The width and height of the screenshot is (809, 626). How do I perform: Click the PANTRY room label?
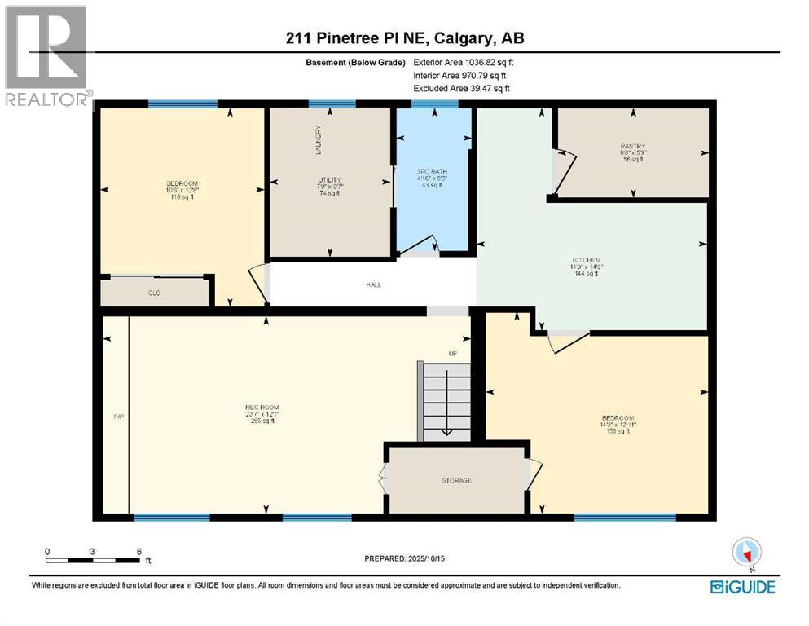pyautogui.click(x=632, y=147)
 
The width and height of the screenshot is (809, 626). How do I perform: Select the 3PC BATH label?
pyautogui.click(x=432, y=172)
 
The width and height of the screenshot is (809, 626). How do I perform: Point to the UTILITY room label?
pyautogui.click(x=329, y=179)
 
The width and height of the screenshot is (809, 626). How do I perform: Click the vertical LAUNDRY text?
pyautogui.click(x=319, y=140)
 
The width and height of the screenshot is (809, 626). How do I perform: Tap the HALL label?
pyautogui.click(x=374, y=284)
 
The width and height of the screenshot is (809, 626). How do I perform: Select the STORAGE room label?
pyautogui.click(x=456, y=481)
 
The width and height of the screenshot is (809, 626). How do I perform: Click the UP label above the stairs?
pyautogui.click(x=453, y=354)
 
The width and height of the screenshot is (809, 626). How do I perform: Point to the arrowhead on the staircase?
pyautogui.click(x=446, y=432)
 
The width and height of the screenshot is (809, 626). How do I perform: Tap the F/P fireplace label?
pyautogui.click(x=117, y=417)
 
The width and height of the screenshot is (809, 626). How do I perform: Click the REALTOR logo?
pyautogui.click(x=46, y=55)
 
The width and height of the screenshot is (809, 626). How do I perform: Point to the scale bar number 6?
pyautogui.click(x=139, y=551)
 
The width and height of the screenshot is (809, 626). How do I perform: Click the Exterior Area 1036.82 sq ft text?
pyautogui.click(x=464, y=61)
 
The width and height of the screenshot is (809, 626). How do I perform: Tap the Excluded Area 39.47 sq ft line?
pyautogui.click(x=464, y=88)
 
